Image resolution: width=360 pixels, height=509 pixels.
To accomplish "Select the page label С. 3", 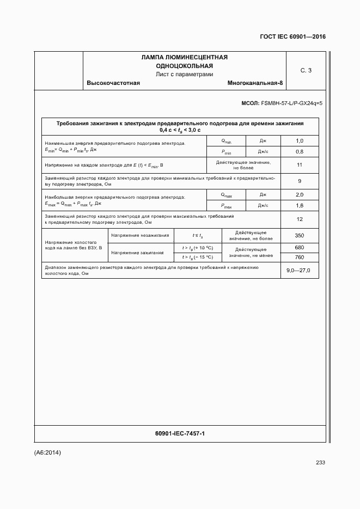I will [x=306, y=70].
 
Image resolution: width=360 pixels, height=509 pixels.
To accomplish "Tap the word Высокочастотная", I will [x=113, y=83].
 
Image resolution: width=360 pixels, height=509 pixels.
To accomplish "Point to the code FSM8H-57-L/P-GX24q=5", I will [x=292, y=103].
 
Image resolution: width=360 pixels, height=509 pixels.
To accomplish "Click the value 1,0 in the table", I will [x=299, y=141].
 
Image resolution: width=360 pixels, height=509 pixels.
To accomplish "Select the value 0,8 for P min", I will [x=299, y=151].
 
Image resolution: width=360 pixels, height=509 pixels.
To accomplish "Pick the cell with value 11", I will [x=299, y=165].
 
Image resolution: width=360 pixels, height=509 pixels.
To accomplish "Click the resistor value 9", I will [x=299, y=181].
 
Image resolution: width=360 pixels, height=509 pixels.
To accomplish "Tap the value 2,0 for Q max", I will [x=299, y=195].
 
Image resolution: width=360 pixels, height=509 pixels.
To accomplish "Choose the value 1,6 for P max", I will [x=299, y=205].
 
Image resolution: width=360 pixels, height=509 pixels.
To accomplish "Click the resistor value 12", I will [x=299, y=219].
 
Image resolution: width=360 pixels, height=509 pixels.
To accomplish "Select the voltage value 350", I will [x=299, y=235].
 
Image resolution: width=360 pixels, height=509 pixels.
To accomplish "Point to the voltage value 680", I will [x=299, y=248].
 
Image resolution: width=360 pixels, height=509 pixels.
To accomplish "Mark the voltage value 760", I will [x=299, y=257].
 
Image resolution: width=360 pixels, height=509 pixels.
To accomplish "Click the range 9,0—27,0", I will [x=298, y=271].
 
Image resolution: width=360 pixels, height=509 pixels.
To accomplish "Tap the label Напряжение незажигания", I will [x=140, y=235].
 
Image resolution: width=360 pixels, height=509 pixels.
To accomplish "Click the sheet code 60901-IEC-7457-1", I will [x=180, y=433].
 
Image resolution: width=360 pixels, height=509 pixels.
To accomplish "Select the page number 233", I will [x=320, y=463].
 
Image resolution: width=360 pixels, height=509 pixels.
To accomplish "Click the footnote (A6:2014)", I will [x=47, y=452].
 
